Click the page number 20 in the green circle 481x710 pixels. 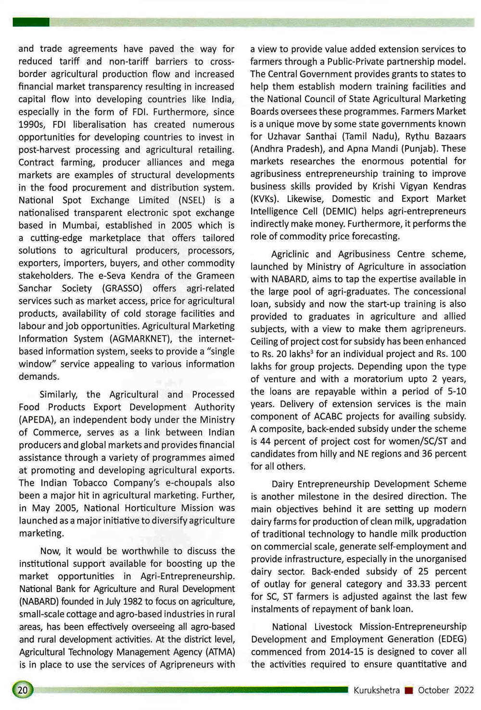pyautogui.click(x=23, y=690)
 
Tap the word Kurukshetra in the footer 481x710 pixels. pyautogui.click(x=377, y=690)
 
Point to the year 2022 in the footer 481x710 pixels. pyautogui.click(x=464, y=690)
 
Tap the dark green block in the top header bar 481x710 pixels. pyautogui.click(x=31, y=22)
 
